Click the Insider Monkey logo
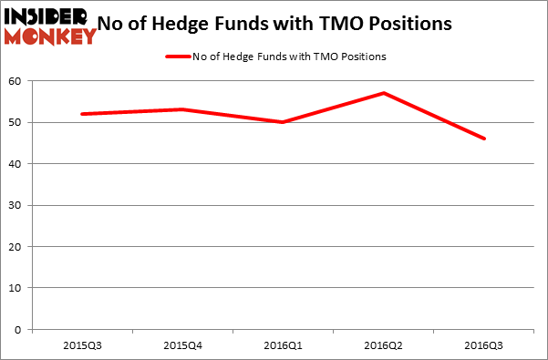click(x=50, y=26)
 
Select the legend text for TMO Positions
click(x=291, y=57)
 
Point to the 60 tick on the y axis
click(x=17, y=81)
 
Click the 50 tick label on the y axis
click(x=17, y=122)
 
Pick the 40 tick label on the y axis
click(x=17, y=164)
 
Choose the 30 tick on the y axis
click(x=17, y=205)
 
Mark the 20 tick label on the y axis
click(x=17, y=247)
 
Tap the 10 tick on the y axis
click(x=17, y=288)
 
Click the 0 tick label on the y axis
click(x=20, y=330)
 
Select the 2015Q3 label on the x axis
click(x=82, y=346)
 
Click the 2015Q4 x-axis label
click(x=182, y=346)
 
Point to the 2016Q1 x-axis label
click(x=284, y=346)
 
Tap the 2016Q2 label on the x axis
click(x=385, y=346)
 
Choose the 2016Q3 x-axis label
click(x=485, y=346)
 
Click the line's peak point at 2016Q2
click(x=385, y=93)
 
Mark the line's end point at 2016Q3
click(x=485, y=139)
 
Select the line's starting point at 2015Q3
click(x=82, y=114)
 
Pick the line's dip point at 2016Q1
click(x=284, y=122)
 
